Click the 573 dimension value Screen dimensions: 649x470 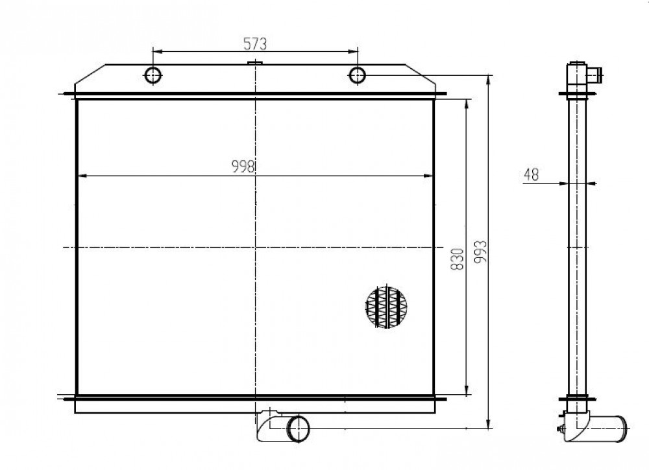click(254, 43)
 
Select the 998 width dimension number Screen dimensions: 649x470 click(243, 167)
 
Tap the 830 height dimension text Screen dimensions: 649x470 click(457, 259)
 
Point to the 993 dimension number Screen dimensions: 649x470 click(480, 252)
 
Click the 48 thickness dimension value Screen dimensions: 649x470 click(532, 175)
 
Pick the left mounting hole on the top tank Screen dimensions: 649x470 click(153, 75)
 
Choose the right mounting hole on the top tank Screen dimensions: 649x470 click(357, 75)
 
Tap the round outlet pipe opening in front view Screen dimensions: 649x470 click(298, 429)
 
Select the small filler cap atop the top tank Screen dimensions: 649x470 click(255, 63)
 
